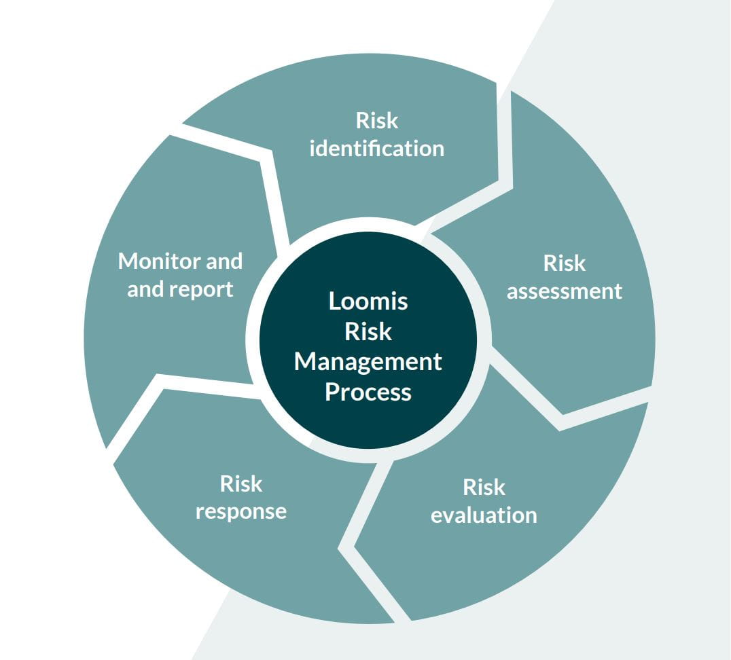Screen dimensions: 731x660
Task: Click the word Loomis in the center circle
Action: pyautogui.click(x=368, y=301)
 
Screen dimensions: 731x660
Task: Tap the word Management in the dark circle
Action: pyautogui.click(x=368, y=363)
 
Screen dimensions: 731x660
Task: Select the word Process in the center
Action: pyautogui.click(x=368, y=392)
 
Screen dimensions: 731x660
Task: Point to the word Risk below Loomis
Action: pyautogui.click(x=368, y=331)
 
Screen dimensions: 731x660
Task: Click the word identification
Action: pyautogui.click(x=376, y=149)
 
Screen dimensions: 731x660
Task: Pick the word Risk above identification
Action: pyautogui.click(x=376, y=121)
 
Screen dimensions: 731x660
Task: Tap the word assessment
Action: pyautogui.click(x=564, y=292)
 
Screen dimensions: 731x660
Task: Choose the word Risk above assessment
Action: pyautogui.click(x=564, y=263)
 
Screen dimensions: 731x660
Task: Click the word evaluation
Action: pyautogui.click(x=484, y=515)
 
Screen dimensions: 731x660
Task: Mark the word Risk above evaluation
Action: pyautogui.click(x=484, y=488)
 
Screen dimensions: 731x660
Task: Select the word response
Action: pyautogui.click(x=240, y=512)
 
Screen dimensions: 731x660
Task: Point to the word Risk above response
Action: pyautogui.click(x=240, y=484)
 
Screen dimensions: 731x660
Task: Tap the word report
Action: pyautogui.click(x=200, y=290)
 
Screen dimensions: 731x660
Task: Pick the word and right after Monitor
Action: pyautogui.click(x=224, y=261)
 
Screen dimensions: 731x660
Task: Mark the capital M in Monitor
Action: pyautogui.click(x=127, y=261)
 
